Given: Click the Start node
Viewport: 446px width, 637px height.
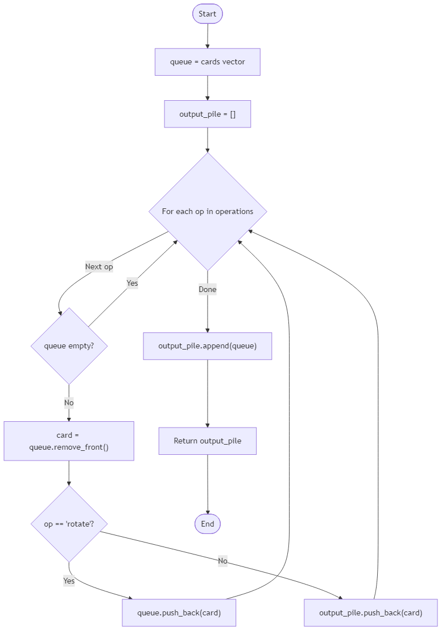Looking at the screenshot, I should tap(207, 14).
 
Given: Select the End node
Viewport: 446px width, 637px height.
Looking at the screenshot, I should tap(207, 524).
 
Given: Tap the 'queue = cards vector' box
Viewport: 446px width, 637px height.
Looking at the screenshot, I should tap(207, 61).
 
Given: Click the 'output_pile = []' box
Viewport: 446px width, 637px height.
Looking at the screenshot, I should tap(207, 114).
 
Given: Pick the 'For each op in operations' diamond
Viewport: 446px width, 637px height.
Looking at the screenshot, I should tap(207, 211).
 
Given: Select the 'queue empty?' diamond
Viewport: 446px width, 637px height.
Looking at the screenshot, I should tap(69, 346).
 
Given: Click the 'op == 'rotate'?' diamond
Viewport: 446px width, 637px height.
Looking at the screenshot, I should tap(69, 524).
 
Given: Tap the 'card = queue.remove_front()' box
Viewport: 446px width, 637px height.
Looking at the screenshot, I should tap(69, 441).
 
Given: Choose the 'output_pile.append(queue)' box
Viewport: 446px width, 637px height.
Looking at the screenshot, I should tap(207, 346).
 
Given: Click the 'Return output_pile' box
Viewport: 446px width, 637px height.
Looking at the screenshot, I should tap(207, 441).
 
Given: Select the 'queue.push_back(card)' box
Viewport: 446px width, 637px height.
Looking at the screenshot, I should tap(179, 613).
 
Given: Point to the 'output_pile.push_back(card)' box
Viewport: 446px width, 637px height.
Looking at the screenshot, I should tap(370, 613).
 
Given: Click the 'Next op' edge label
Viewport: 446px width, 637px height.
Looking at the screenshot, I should tap(99, 266).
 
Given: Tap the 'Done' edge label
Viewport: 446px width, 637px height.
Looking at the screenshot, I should tap(207, 289).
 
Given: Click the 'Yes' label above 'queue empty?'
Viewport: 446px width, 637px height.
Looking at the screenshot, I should tap(132, 283).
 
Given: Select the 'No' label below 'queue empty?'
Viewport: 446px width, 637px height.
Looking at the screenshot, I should tap(69, 402).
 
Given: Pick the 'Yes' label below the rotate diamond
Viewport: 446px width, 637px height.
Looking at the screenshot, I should tap(69, 581).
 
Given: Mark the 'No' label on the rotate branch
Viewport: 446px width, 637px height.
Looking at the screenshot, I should tap(222, 561).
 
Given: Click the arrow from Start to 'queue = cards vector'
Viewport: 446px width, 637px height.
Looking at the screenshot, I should tap(207, 36).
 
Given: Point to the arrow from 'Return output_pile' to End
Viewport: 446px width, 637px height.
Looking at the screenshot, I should tap(207, 484).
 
